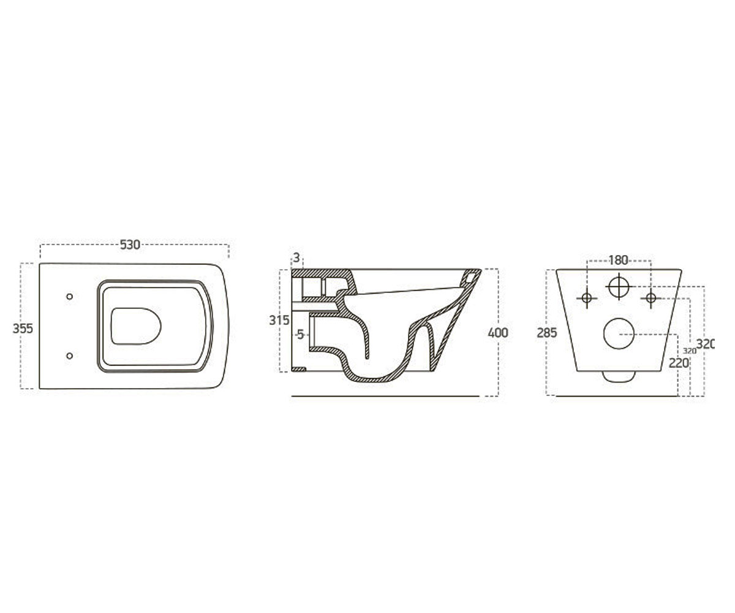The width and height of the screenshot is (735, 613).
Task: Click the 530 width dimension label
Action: click(x=130, y=245)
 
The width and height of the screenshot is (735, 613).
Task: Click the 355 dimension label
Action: click(x=23, y=329)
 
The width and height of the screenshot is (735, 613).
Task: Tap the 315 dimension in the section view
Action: click(x=279, y=320)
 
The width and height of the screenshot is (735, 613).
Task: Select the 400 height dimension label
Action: click(x=498, y=333)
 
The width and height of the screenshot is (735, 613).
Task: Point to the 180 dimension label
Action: click(x=618, y=261)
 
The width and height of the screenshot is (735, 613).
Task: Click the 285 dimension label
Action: click(x=547, y=333)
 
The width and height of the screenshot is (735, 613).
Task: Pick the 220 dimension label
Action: click(x=679, y=364)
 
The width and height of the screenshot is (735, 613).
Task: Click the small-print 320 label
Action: click(x=690, y=351)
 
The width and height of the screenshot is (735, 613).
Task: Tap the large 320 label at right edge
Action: click(x=706, y=344)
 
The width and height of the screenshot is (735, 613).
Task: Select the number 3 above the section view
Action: click(x=296, y=258)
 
